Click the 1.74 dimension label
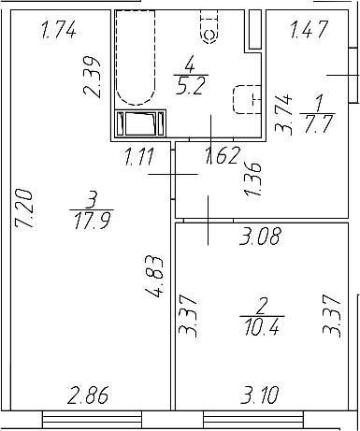click(x=59, y=32)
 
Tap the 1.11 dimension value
click(x=140, y=157)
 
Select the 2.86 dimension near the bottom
click(x=87, y=396)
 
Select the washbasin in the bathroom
click(x=245, y=99)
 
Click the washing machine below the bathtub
click(x=142, y=125)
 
